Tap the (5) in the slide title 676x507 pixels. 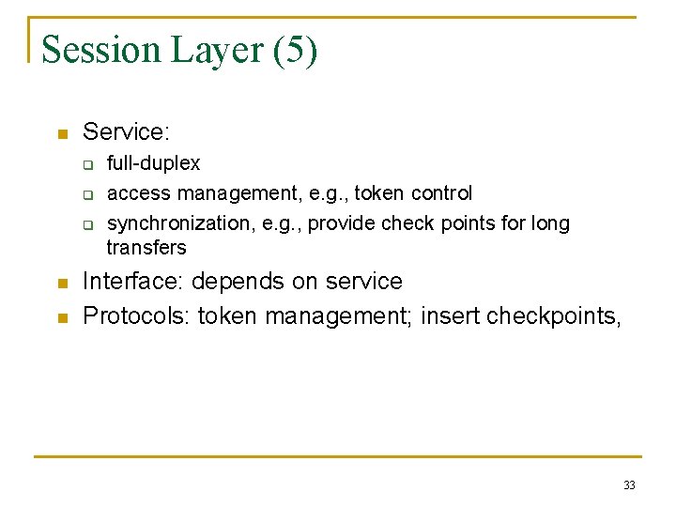pyautogui.click(x=295, y=50)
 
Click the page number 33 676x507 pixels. pyautogui.click(x=629, y=485)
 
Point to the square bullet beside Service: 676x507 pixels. pyautogui.click(x=62, y=134)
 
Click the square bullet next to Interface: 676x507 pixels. pyautogui.click(x=62, y=284)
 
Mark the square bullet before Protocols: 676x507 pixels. pyautogui.click(x=62, y=317)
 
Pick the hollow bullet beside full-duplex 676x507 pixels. pyautogui.click(x=85, y=166)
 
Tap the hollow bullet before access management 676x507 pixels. pyautogui.click(x=85, y=196)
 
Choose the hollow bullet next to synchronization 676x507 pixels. pyautogui.click(x=85, y=225)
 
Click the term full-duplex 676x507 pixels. pyautogui.click(x=153, y=163)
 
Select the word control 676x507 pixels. pyautogui.click(x=441, y=193)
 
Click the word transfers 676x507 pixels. pyautogui.click(x=146, y=248)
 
